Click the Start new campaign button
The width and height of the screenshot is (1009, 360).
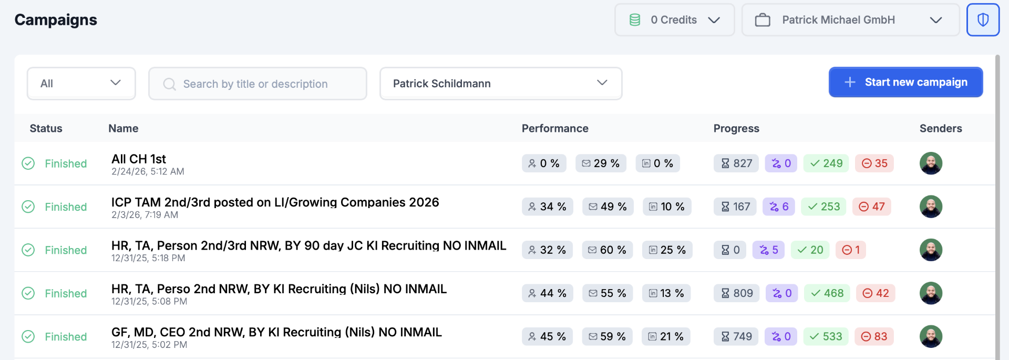point(905,82)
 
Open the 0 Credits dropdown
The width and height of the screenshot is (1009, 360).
point(674,20)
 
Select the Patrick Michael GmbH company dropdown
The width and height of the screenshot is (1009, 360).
point(850,20)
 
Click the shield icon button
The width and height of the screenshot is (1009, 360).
point(983,20)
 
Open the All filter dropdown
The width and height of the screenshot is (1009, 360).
point(81,84)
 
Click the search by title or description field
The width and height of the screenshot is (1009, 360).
point(258,84)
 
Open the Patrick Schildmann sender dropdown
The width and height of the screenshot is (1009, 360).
point(500,84)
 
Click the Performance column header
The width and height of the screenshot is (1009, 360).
point(554,128)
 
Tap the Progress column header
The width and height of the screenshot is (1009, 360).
point(736,128)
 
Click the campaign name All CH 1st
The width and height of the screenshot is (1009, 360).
point(139,159)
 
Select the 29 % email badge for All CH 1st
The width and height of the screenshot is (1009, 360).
point(601,163)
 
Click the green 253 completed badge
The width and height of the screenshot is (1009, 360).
point(823,207)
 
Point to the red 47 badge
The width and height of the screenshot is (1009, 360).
point(871,207)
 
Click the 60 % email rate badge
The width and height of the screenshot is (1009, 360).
point(607,250)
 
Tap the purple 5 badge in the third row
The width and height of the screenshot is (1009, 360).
point(768,250)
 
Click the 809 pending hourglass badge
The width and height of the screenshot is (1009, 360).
point(736,293)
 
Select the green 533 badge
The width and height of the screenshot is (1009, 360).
point(826,336)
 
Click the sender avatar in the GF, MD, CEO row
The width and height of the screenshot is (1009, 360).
point(931,336)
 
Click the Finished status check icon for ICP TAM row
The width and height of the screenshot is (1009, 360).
point(28,207)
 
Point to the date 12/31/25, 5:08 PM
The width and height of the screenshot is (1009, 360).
point(149,302)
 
